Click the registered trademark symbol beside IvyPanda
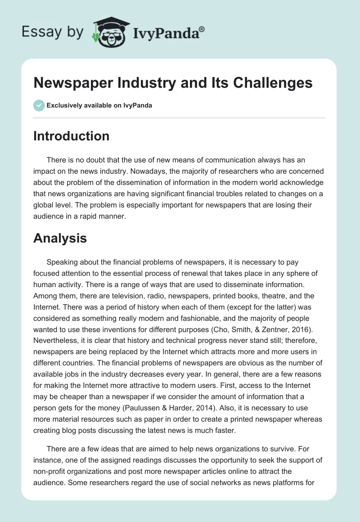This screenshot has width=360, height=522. [202, 29]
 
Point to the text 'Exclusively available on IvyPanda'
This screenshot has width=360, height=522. [99, 106]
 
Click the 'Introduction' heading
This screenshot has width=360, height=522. [71, 136]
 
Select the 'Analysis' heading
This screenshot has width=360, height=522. [60, 238]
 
